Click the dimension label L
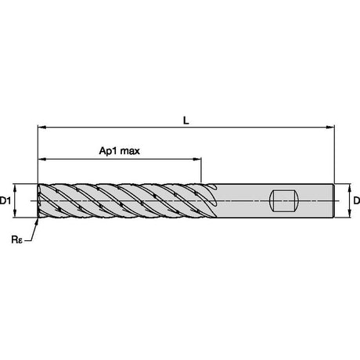pyautogui.click(x=186, y=121)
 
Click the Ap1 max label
pyautogui.click(x=120, y=151)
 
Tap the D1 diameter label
pyautogui.click(x=5, y=200)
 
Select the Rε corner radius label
pyautogui.click(x=17, y=239)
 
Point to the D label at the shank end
pyautogui.click(x=357, y=200)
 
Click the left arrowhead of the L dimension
pyautogui.click(x=42, y=128)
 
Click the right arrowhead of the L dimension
pyautogui.click(x=330, y=128)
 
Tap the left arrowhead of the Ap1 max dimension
pyautogui.click(x=42, y=159)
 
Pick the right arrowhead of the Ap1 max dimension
pyautogui.click(x=197, y=159)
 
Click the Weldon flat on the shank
pyautogui.click(x=283, y=201)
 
